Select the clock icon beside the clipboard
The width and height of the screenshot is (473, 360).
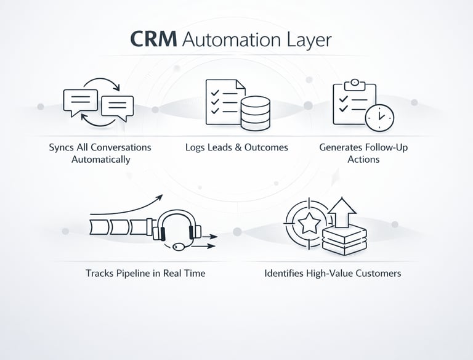(379, 116)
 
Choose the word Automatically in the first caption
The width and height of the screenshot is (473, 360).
(100, 159)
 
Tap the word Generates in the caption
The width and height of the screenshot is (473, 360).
(339, 148)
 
